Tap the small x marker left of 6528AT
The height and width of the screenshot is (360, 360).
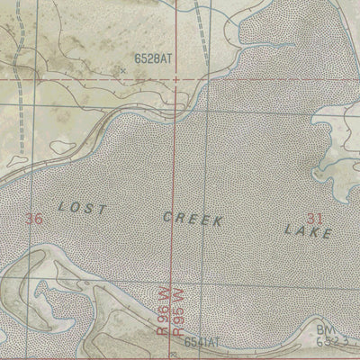click(x=123, y=68)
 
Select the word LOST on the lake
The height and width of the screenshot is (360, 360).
click(x=82, y=208)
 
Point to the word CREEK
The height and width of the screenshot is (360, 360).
click(x=193, y=218)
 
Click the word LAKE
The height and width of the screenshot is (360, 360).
click(x=308, y=231)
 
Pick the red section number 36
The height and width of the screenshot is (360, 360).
click(x=35, y=218)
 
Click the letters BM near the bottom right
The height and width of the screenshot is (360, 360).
click(x=325, y=331)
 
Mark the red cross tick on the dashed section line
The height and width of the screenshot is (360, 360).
click(x=175, y=79)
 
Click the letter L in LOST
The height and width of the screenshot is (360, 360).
click(x=62, y=206)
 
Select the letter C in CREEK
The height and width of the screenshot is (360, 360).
click(x=167, y=217)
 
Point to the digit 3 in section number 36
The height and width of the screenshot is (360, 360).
click(x=31, y=218)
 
